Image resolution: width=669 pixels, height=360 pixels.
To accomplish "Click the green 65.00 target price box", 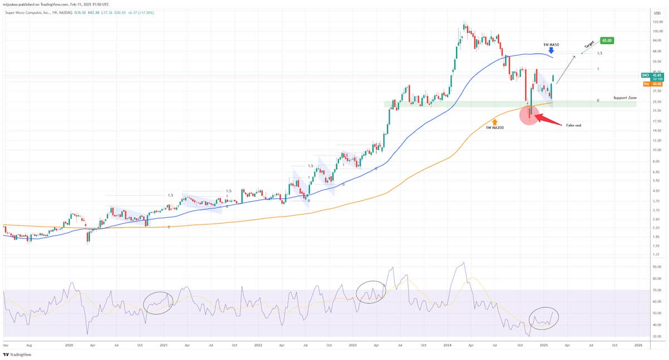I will (607, 41).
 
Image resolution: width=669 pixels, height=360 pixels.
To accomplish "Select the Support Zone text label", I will (624, 98).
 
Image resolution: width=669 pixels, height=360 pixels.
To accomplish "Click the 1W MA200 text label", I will (494, 128).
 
